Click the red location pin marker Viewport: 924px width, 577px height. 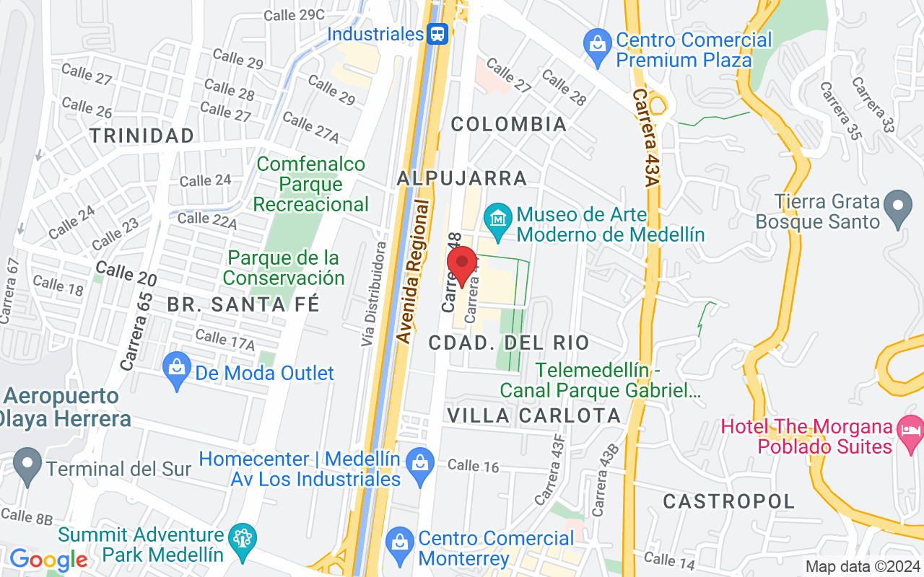(462, 264)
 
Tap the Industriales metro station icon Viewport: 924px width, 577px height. (437, 33)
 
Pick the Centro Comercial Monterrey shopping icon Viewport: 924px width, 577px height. (398, 542)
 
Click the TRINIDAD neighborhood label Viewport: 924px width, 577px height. (143, 136)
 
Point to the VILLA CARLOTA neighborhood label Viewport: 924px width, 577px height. (534, 415)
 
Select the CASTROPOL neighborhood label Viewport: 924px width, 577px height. (729, 501)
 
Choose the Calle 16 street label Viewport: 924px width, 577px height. (474, 466)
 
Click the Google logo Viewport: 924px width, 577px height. (48, 560)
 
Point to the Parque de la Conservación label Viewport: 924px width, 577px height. (284, 268)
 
